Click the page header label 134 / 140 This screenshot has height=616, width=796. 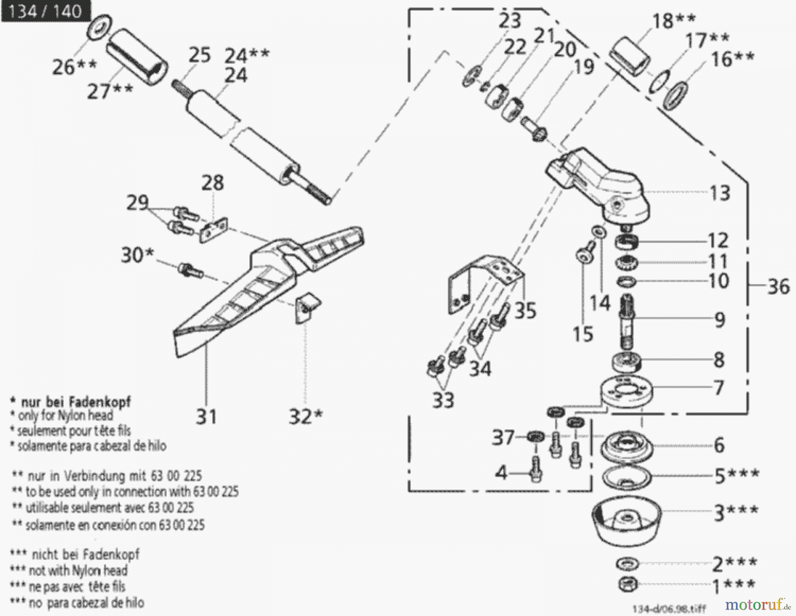click(x=45, y=11)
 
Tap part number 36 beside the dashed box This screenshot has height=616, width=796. click(x=778, y=286)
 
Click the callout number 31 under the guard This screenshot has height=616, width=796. click(x=206, y=417)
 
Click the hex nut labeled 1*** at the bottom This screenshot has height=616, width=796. click(x=628, y=584)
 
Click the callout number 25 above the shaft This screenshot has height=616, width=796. click(x=199, y=55)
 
